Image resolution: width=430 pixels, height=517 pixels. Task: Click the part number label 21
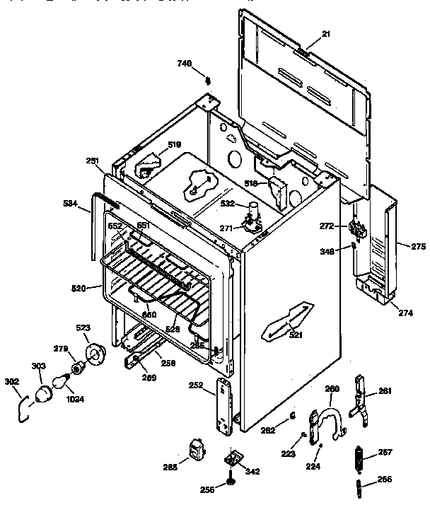326,34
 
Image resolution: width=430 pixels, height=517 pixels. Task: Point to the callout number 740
185,64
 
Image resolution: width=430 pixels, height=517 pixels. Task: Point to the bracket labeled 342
233,460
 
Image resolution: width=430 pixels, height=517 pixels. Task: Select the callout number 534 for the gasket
70,204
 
